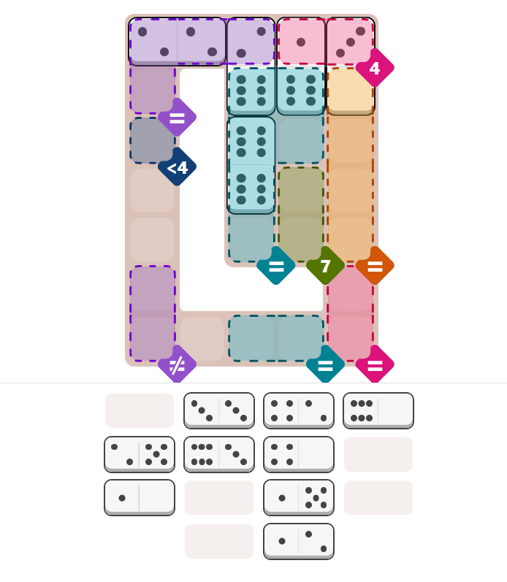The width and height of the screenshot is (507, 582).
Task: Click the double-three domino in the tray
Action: pyautogui.click(x=218, y=410)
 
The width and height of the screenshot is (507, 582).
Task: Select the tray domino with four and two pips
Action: pyautogui.click(x=298, y=410)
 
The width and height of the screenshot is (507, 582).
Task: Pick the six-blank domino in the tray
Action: pyautogui.click(x=378, y=410)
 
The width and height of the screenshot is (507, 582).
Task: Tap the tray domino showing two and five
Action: pyautogui.click(x=140, y=454)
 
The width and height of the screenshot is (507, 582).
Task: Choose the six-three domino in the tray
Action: pyautogui.click(x=218, y=454)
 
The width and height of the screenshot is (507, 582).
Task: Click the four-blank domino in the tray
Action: pyautogui.click(x=298, y=454)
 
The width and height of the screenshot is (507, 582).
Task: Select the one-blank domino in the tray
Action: pyautogui.click(x=140, y=497)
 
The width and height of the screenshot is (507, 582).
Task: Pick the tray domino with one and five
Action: pyautogui.click(x=298, y=497)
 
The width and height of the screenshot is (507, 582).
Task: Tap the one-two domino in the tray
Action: pyautogui.click(x=298, y=541)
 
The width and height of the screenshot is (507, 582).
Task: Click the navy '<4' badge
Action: pyautogui.click(x=177, y=167)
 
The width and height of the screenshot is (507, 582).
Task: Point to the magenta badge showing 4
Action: pyautogui.click(x=374, y=68)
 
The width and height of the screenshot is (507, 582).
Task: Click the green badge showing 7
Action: pyautogui.click(x=325, y=266)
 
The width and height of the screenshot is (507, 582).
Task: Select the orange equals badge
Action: pyautogui.click(x=375, y=266)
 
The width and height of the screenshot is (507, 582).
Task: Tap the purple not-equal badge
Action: pyautogui.click(x=177, y=364)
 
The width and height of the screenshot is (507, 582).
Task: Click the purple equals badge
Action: pyautogui.click(x=177, y=117)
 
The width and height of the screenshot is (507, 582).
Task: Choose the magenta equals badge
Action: pyautogui.click(x=375, y=364)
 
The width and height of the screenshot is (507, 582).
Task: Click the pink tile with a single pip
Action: pyautogui.click(x=301, y=41)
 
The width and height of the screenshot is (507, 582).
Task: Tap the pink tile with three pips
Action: pyautogui.click(x=350, y=41)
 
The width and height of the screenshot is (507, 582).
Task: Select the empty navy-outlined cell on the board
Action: pyautogui.click(x=152, y=140)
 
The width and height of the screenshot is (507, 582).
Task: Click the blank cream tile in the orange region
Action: pyautogui.click(x=350, y=91)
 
